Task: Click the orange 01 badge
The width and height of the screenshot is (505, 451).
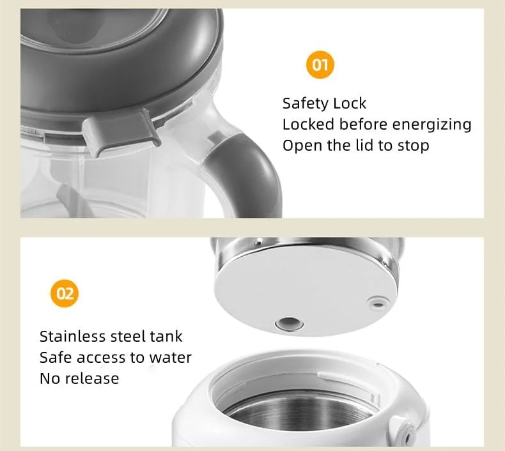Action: click(x=320, y=65)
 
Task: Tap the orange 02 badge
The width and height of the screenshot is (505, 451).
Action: click(x=65, y=293)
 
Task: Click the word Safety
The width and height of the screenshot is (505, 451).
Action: click(x=305, y=103)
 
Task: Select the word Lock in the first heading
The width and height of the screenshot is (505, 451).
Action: click(x=350, y=103)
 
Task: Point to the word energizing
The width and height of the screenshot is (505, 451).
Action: click(x=432, y=125)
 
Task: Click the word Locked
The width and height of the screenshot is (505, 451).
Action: click(x=308, y=125)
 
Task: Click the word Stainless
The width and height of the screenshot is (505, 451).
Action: click(x=72, y=337)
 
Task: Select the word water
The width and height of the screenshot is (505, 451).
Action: click(x=171, y=358)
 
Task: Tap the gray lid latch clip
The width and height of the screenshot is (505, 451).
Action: click(x=121, y=132)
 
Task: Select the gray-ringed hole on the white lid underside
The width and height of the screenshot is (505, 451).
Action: click(x=289, y=323)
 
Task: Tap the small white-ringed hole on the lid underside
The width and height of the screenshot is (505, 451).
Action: click(x=378, y=302)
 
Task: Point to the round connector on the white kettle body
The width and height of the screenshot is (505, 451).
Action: click(x=407, y=434)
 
